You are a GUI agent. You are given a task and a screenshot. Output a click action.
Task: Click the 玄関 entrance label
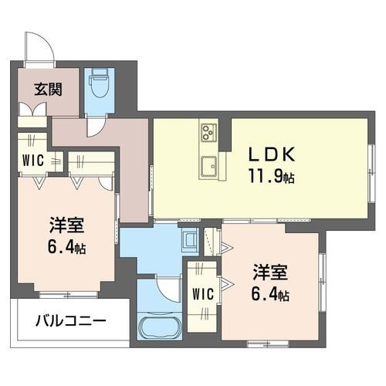point(43,87)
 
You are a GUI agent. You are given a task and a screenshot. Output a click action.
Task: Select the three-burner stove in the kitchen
point(209,133)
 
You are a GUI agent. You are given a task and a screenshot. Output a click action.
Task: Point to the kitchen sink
point(209,164)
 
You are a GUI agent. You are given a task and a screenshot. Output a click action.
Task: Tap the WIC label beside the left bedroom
point(31,161)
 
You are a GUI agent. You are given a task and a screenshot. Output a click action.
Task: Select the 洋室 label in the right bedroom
point(271,273)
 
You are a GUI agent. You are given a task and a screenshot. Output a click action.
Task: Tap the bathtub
point(160,328)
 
